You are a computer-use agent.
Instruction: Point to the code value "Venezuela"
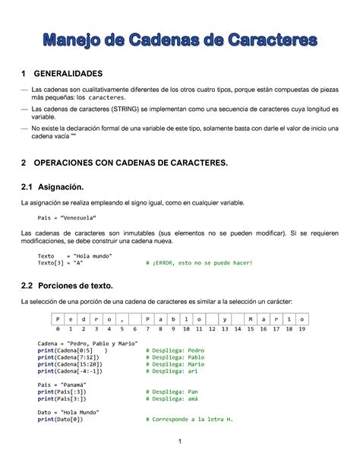[x=84, y=217]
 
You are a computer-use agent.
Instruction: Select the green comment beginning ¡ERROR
[x=198, y=263]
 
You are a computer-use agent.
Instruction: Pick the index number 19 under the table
[x=302, y=330]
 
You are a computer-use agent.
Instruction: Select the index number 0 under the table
[x=58, y=330]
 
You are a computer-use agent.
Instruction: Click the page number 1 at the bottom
[x=180, y=442]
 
